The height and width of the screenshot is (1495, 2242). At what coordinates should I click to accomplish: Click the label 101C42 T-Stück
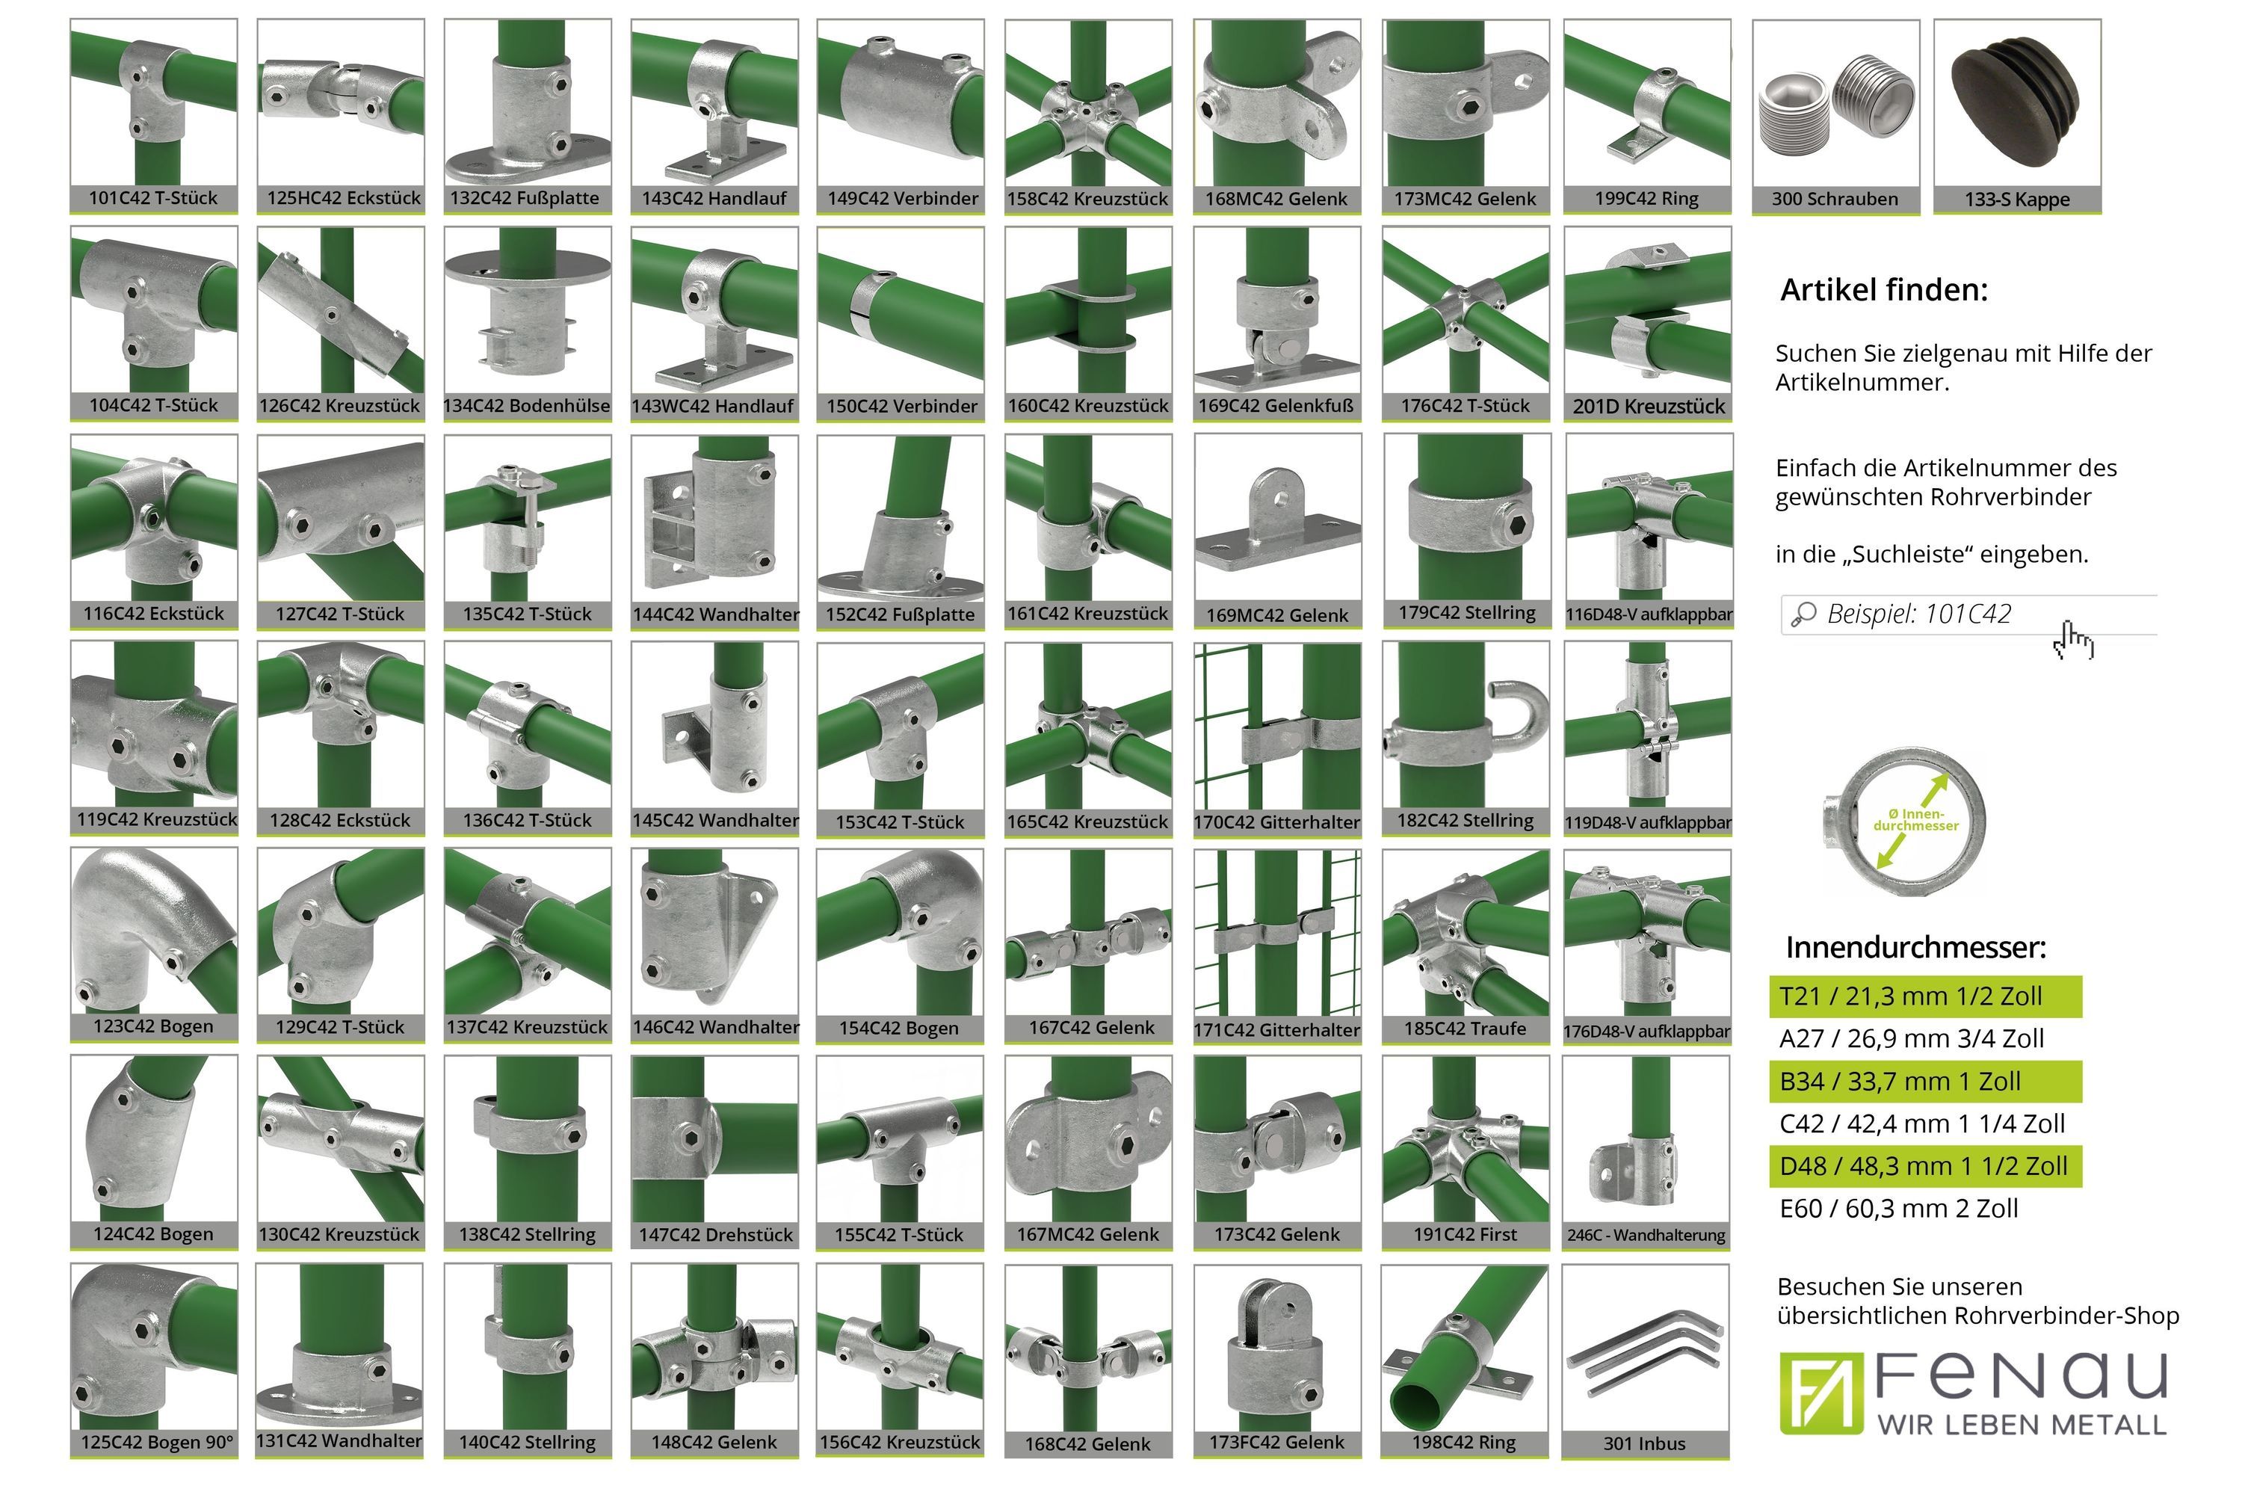[x=153, y=198]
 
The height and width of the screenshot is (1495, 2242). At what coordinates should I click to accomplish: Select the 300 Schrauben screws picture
[x=1835, y=105]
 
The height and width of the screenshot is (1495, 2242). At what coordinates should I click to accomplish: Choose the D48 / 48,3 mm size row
[x=1924, y=1166]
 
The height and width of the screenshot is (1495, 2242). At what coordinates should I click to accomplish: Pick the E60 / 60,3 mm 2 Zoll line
[x=1899, y=1209]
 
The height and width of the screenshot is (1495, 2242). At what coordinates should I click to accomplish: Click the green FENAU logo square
[x=1821, y=1393]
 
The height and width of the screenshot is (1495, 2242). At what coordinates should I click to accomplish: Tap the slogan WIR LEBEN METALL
[x=2022, y=1425]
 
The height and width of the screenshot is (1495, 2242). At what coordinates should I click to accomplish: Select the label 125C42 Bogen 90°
[x=157, y=1443]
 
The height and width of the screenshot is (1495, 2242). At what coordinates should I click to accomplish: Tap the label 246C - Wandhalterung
[x=1646, y=1236]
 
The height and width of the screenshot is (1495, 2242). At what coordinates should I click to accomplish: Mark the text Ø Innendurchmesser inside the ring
[x=1916, y=820]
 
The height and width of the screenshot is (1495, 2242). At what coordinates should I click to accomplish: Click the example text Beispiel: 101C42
[x=1919, y=614]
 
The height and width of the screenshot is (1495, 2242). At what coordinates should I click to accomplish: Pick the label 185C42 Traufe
[x=1465, y=1029]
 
